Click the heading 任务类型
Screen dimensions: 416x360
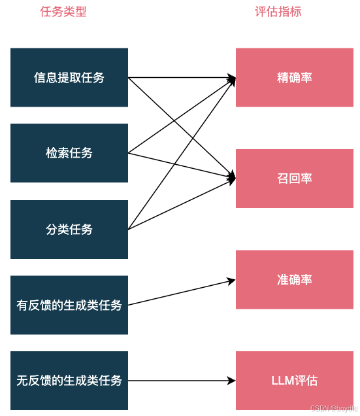[63, 12]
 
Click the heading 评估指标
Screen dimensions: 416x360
[278, 12]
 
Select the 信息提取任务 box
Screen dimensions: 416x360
[69, 77]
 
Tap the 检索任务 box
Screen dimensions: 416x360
[69, 153]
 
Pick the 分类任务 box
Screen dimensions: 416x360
[69, 230]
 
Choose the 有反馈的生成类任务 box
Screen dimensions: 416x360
[69, 305]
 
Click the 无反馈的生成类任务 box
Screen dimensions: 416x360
[69, 381]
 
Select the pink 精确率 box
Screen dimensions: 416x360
[295, 77]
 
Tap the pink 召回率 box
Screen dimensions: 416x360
[295, 179]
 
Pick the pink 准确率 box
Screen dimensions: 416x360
[295, 279]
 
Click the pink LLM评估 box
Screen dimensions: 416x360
[295, 381]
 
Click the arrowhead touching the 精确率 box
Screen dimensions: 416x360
[231, 79]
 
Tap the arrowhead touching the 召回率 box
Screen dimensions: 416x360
[231, 177]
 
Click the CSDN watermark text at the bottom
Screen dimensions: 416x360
[333, 408]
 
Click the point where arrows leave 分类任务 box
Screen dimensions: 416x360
[129, 230]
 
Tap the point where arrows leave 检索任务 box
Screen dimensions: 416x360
[129, 153]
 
